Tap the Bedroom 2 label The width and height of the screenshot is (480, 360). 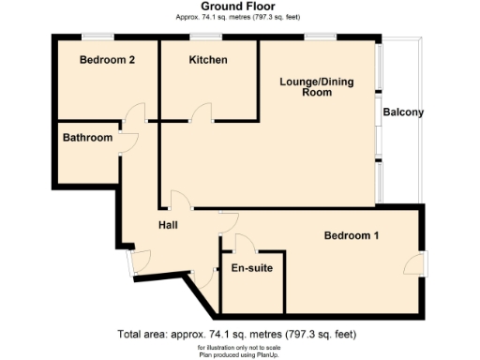107,60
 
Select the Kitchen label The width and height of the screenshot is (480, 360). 208,60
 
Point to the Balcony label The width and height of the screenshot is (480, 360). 403,113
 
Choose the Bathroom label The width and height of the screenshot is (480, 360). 87,139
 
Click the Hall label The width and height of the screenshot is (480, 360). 169,225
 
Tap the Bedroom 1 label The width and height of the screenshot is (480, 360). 352,235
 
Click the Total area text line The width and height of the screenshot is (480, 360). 235,334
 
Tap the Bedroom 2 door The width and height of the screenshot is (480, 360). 135,114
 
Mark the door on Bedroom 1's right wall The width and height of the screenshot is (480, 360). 416,263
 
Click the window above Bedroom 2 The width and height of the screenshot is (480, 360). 97,37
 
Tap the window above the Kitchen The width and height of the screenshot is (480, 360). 205,37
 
